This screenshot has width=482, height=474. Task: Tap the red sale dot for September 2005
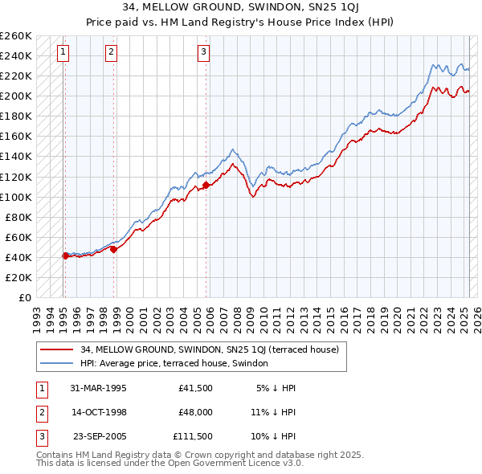point(206,185)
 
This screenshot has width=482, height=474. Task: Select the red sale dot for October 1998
point(114,249)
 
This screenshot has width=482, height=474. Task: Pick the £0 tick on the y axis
point(26,297)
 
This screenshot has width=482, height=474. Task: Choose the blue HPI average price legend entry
point(177,364)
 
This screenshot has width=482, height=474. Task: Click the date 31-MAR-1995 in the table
point(98,388)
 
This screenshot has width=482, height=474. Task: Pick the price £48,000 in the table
point(195,412)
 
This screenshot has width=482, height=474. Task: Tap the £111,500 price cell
point(193,436)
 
